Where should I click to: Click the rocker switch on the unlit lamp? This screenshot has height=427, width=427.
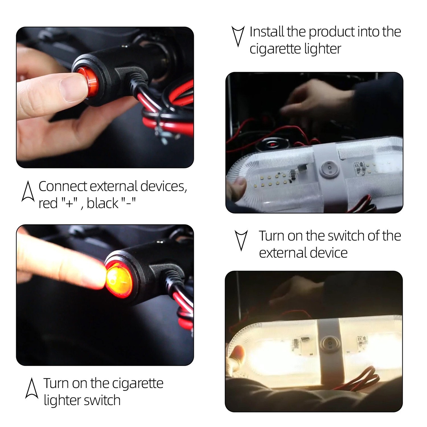tap(329, 169)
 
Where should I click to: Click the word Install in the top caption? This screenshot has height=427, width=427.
tap(267, 32)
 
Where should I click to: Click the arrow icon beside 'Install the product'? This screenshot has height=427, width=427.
tap(238, 36)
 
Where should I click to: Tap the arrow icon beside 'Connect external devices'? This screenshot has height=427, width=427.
tap(28, 191)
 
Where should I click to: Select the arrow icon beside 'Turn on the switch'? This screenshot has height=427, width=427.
tap(241, 241)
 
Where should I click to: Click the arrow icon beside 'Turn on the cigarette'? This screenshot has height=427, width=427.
tap(31, 388)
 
